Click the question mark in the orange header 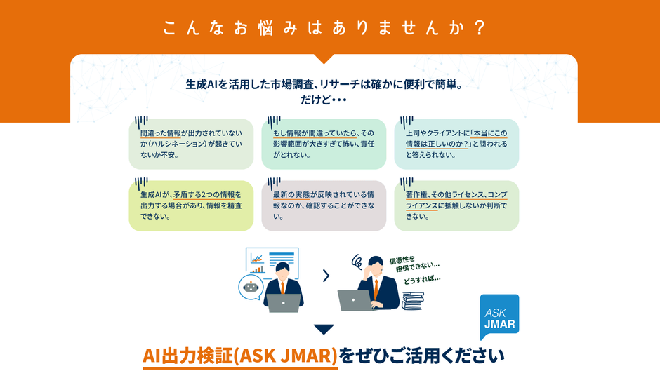click(479, 29)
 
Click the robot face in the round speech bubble click(250, 287)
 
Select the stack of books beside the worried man click(412, 302)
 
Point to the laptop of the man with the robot click(283, 302)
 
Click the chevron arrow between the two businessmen click(326, 276)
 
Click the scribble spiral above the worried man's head click(357, 260)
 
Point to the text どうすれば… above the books click(422, 280)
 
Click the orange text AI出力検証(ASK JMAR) click(239, 356)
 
